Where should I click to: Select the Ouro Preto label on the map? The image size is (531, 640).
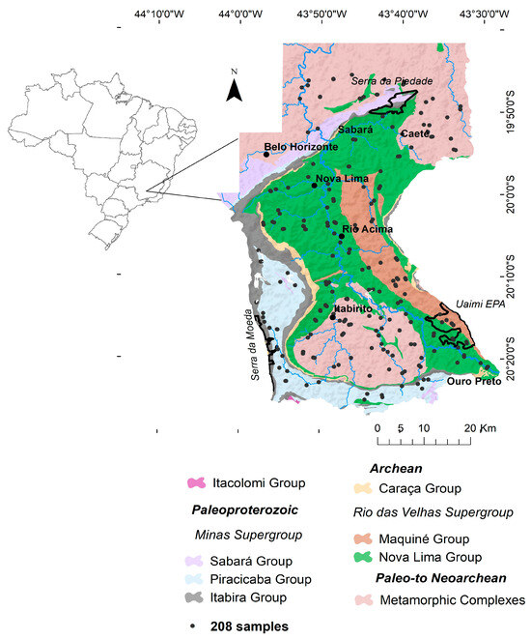[x=475, y=382]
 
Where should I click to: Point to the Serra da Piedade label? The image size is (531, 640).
[x=391, y=81]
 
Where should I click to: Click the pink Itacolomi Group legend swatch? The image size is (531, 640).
[x=197, y=482]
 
